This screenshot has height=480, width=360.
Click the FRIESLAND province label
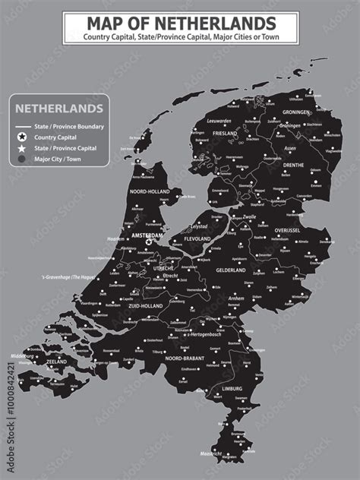[225, 132]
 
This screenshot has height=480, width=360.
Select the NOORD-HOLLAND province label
[150, 191]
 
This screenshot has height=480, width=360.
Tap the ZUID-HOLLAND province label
[147, 305]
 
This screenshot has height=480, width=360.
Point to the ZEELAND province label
[57, 362]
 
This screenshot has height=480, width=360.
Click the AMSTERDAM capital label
[147, 235]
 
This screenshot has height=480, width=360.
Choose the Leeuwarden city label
[219, 120]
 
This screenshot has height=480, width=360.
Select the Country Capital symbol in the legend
[21, 137]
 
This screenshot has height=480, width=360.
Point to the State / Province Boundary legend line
[21, 125]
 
